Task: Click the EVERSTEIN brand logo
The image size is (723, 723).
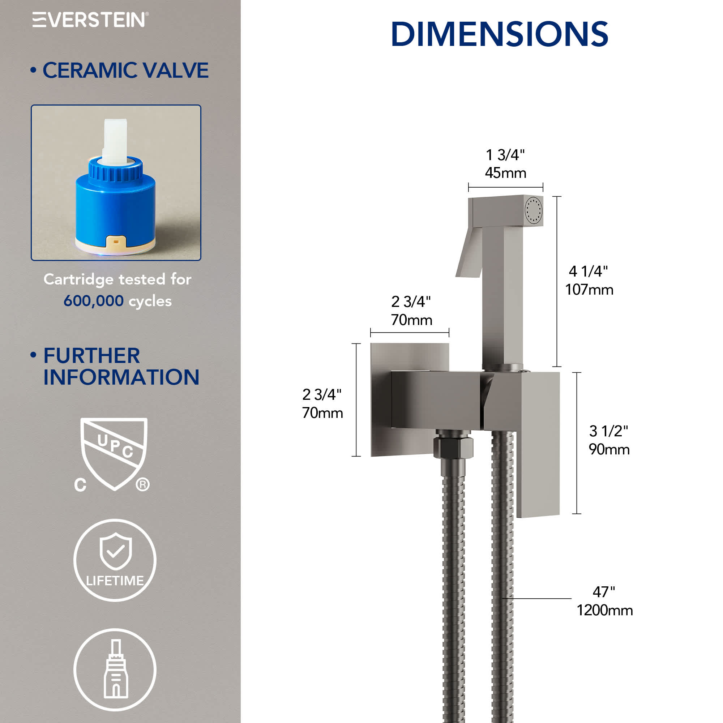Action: tap(90, 20)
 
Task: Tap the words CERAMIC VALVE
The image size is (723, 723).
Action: tap(125, 70)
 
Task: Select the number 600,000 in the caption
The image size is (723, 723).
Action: tap(93, 301)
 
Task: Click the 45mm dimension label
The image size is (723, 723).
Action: tap(505, 173)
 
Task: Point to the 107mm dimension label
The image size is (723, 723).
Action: tap(589, 290)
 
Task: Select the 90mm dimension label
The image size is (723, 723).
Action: tap(609, 449)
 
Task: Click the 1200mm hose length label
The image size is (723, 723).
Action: tap(604, 610)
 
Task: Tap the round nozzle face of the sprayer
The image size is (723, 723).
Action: tap(533, 211)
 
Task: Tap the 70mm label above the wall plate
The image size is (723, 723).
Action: tap(411, 320)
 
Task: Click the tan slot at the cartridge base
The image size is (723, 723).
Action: tap(116, 242)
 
